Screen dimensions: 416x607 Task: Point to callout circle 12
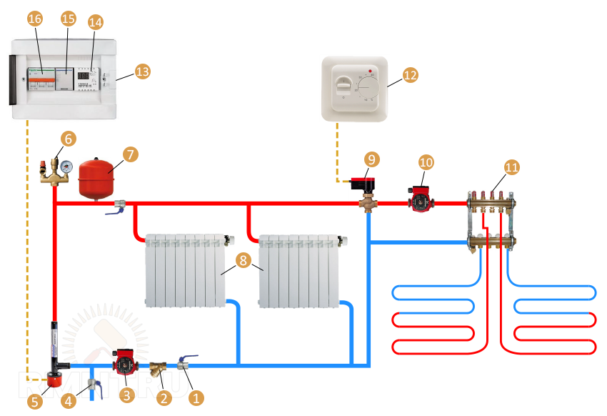pos(409,74)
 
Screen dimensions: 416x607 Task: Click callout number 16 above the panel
pos(35,19)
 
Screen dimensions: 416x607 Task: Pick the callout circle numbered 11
pos(511,167)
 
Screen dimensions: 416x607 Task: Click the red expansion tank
pos(98,179)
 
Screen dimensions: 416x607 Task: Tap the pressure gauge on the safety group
pos(66,164)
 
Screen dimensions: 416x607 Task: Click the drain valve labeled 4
pos(91,387)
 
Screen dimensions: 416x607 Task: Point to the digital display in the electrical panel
pos(84,75)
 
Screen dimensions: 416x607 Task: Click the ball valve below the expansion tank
pos(117,207)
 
